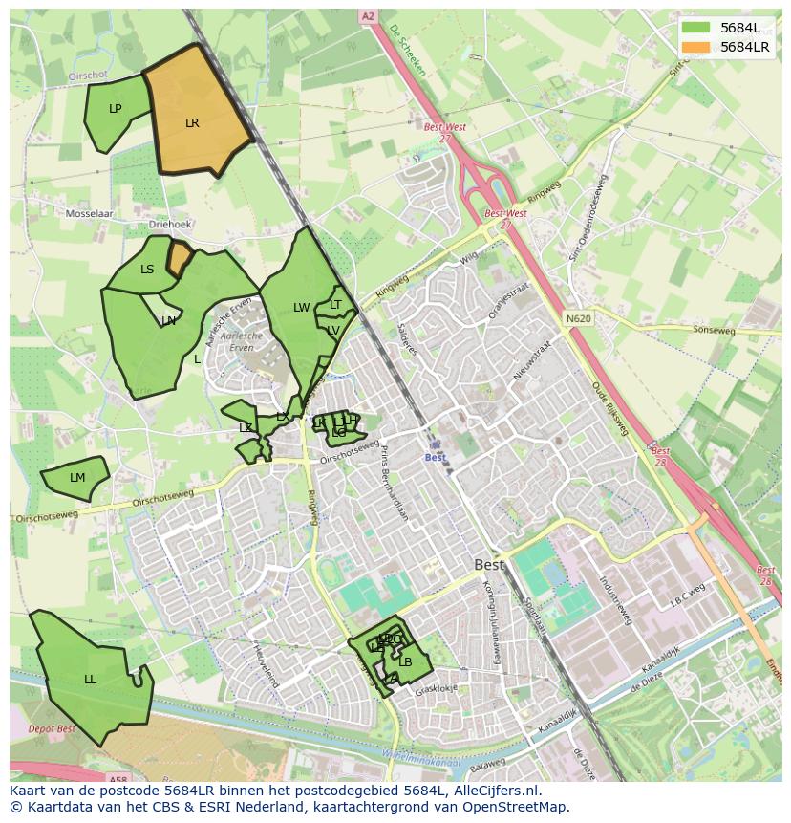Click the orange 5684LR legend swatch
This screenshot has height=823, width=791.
click(x=695, y=47)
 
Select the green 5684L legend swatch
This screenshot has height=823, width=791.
click(x=695, y=28)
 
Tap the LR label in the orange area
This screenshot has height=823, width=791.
click(x=192, y=123)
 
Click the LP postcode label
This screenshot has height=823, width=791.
click(x=116, y=109)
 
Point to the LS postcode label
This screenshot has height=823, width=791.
click(x=147, y=270)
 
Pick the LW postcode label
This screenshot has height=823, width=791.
click(x=302, y=308)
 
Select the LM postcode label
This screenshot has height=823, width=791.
click(x=77, y=478)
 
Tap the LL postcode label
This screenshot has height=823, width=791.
click(x=90, y=680)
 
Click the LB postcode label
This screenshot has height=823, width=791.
click(x=405, y=662)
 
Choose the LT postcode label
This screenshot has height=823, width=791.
click(x=335, y=305)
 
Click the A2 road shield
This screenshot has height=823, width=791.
click(x=368, y=17)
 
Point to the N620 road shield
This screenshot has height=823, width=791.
click(x=577, y=319)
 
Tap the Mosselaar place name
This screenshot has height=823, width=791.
click(x=89, y=214)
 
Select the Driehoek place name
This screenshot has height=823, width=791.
click(x=170, y=224)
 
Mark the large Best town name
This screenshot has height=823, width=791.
click(x=489, y=565)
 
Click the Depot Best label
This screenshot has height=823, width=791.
click(x=52, y=729)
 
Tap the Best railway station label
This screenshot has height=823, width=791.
click(x=436, y=458)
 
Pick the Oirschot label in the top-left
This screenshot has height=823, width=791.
click(x=92, y=76)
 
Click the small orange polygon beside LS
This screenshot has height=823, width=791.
click(x=178, y=258)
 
